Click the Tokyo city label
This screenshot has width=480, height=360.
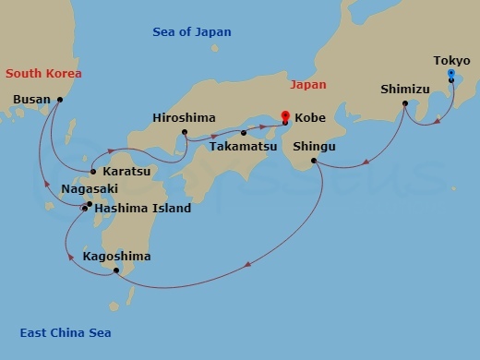coord(451,61)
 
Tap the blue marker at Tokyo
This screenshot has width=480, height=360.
coord(450,73)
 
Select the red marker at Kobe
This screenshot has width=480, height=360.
coord(285,116)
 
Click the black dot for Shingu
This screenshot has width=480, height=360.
coord(315,162)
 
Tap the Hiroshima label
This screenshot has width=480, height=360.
coord(185,118)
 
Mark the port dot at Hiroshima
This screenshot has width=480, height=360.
coord(185,132)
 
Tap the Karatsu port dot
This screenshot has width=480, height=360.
coord(93,172)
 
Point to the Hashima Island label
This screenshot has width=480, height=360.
coord(143,209)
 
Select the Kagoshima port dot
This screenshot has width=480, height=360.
coord(115,270)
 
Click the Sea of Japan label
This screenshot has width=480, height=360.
coord(192,32)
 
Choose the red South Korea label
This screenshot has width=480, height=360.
coord(43,73)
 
